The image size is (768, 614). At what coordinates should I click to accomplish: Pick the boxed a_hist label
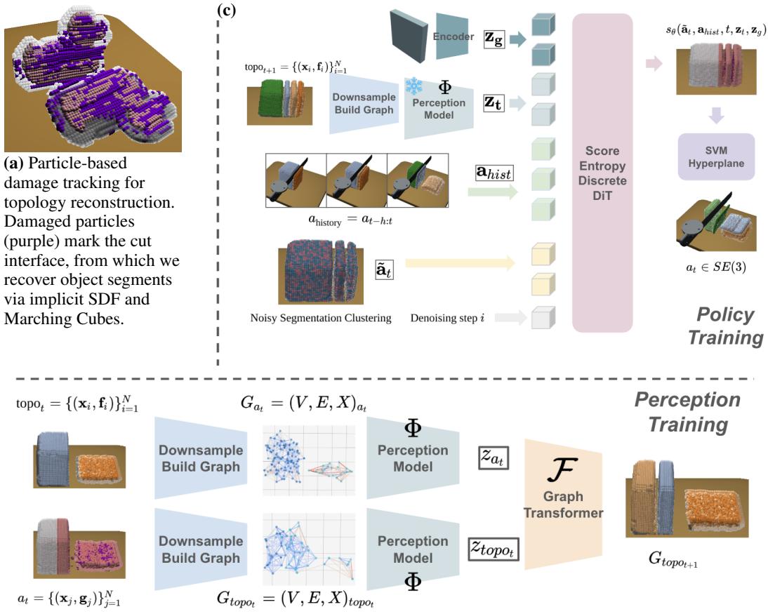pos(495,171)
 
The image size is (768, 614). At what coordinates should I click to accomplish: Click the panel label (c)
pos(228,10)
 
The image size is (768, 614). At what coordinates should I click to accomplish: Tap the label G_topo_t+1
pos(674,560)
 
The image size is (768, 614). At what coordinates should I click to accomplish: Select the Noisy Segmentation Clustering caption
pos(321,319)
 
